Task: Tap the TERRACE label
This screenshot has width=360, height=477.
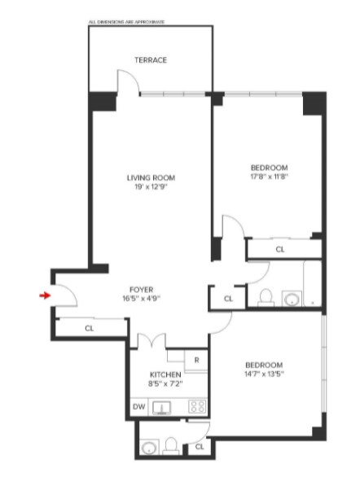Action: coord(151,60)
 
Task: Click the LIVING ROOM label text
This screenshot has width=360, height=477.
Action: coord(151,177)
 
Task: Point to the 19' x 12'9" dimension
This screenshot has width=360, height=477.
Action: coord(151,187)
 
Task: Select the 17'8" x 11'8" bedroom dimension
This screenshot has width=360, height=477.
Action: coord(270,176)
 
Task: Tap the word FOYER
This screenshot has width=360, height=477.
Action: coord(143,289)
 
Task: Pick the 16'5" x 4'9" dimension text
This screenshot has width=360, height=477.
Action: coord(143,299)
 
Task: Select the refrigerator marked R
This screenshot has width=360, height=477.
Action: coord(196,358)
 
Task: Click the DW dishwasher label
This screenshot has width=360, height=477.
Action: coord(138,407)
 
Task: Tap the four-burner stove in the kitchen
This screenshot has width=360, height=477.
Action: coord(196,407)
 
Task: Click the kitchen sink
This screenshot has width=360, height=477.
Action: coord(165,408)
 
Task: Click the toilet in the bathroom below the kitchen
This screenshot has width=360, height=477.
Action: coord(171,445)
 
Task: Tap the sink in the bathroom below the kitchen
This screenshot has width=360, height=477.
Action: coord(149,447)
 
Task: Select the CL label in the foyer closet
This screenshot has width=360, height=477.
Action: coord(89,328)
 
